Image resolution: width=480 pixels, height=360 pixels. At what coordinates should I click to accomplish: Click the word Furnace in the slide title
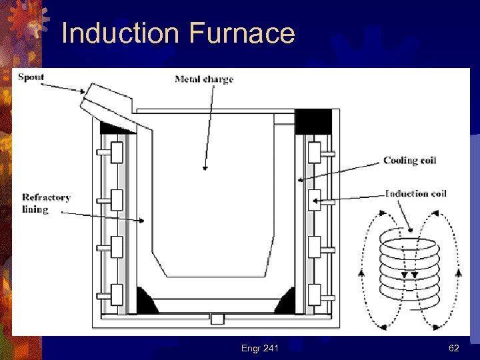(x=241, y=33)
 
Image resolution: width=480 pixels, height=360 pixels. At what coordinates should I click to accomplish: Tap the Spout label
(x=31, y=77)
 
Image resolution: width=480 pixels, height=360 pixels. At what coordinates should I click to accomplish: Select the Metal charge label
(x=204, y=79)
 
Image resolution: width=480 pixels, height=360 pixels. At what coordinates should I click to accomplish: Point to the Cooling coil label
(x=409, y=160)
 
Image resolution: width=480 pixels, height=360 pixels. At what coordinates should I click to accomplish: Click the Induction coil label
(x=416, y=193)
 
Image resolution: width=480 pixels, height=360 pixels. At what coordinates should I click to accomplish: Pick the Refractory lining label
(x=45, y=203)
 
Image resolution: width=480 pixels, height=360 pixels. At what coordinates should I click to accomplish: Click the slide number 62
(x=453, y=348)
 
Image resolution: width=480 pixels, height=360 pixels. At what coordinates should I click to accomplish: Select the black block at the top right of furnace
(x=313, y=121)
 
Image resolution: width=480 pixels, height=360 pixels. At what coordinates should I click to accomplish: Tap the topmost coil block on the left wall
(x=116, y=153)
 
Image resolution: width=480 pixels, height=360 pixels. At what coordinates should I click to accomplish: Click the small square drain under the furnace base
(x=216, y=319)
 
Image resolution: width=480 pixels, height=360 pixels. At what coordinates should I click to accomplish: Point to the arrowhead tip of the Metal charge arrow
(x=204, y=169)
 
